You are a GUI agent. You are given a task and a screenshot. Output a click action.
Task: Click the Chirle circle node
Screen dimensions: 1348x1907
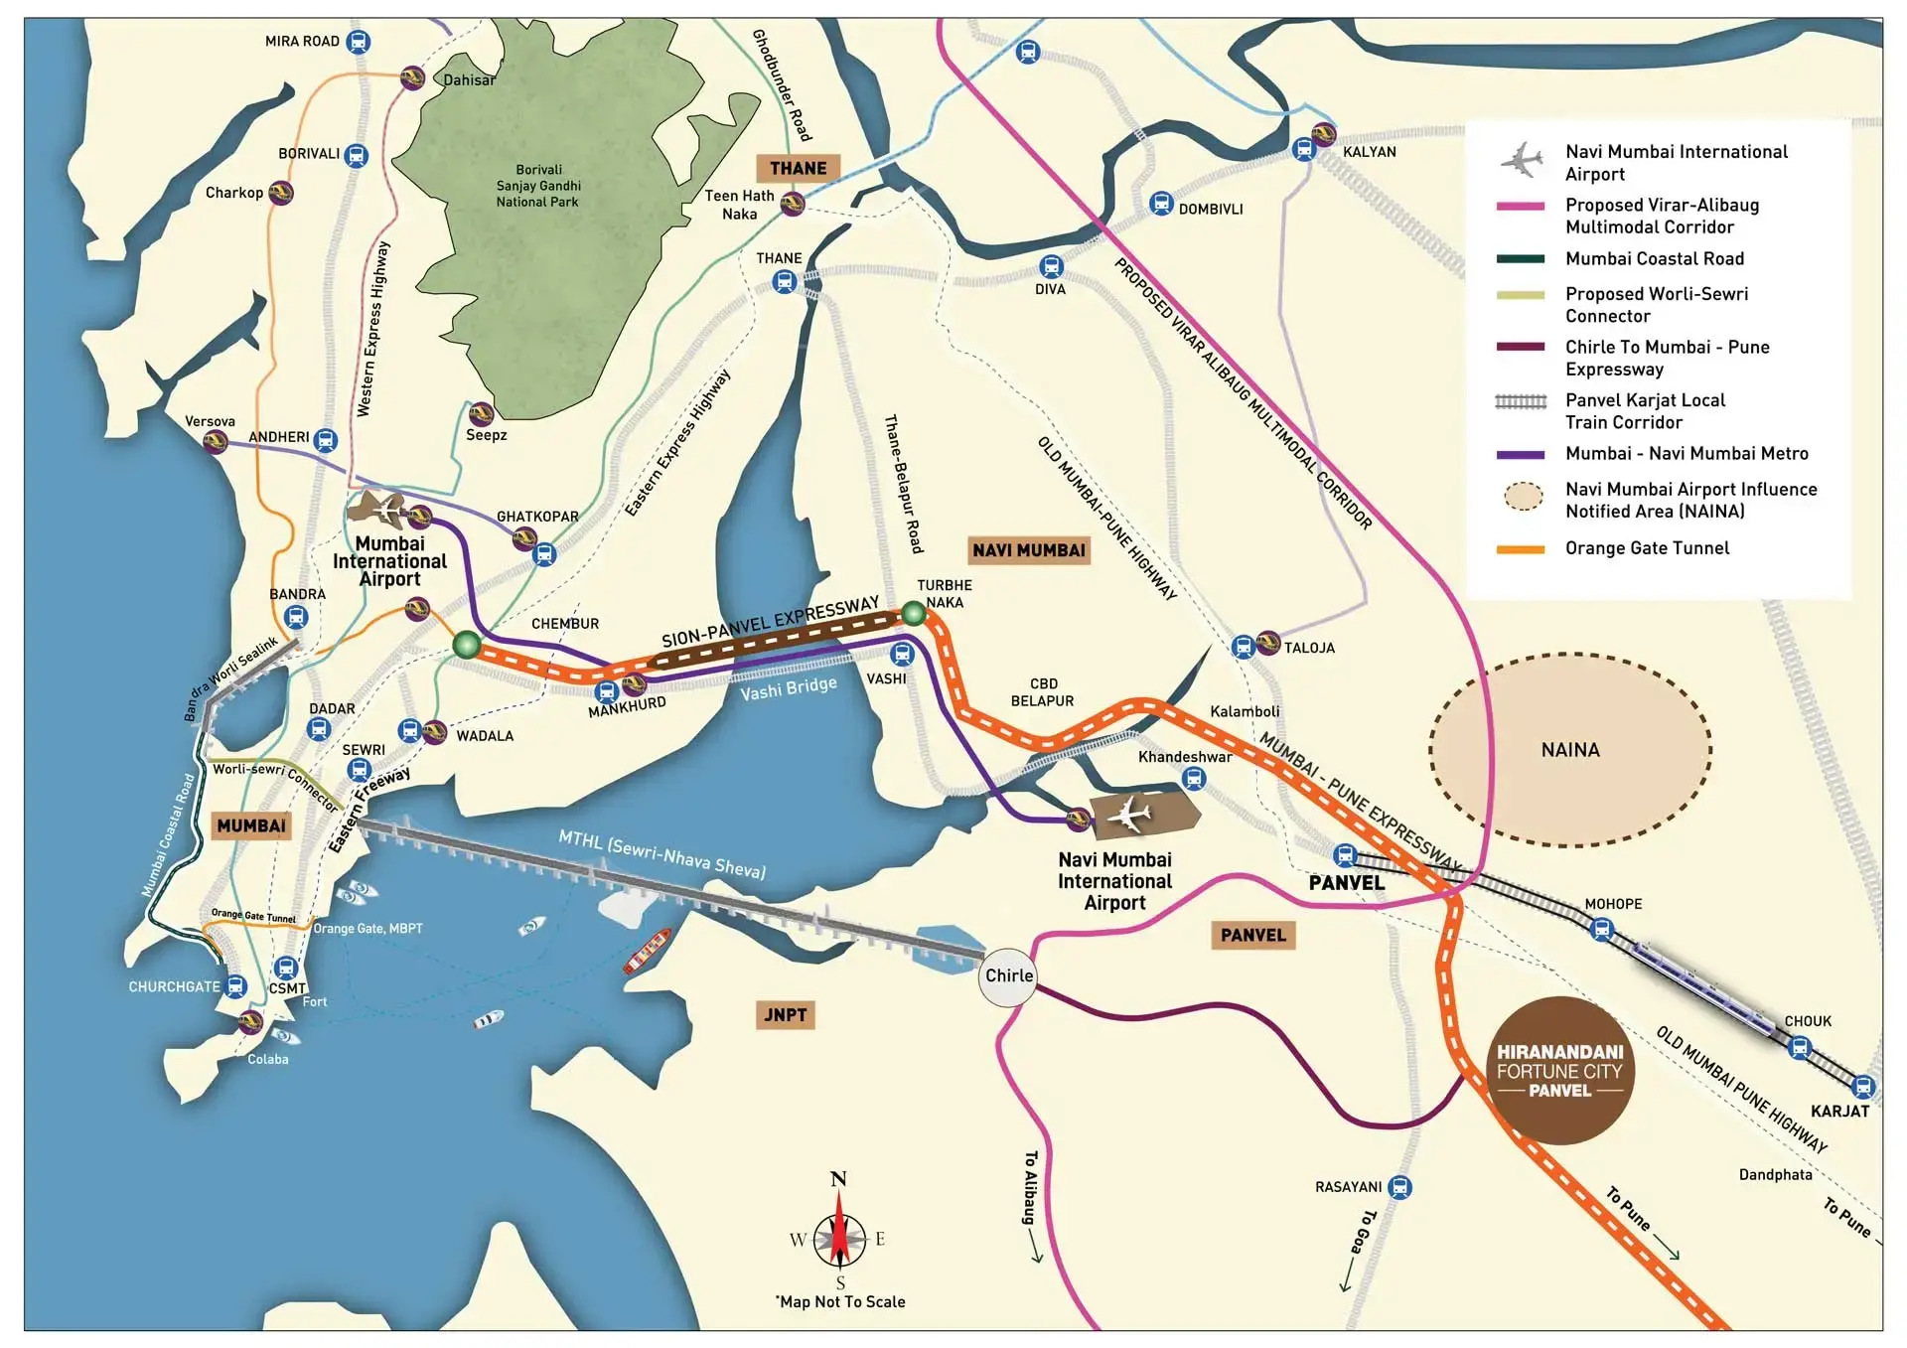1008,976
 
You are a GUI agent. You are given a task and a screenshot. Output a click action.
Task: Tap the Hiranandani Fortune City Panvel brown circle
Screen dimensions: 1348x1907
1559,1071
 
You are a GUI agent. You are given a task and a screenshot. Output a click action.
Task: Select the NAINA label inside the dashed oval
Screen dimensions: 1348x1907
1570,750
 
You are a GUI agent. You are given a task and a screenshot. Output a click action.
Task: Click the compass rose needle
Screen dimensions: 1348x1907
839,1239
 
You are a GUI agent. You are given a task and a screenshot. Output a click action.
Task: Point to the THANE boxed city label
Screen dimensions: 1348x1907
798,168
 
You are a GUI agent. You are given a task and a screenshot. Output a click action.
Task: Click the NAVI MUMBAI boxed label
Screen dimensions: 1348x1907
1028,550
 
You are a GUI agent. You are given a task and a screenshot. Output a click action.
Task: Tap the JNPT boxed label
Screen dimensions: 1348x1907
785,1015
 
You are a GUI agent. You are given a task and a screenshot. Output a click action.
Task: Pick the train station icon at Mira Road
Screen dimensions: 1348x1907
359,42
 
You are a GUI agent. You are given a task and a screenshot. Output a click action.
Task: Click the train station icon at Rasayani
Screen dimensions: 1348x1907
1399,1186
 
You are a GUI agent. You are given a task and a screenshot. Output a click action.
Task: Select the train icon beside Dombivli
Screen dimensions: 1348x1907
1161,204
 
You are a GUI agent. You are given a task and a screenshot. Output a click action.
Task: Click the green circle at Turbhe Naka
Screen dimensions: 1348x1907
913,614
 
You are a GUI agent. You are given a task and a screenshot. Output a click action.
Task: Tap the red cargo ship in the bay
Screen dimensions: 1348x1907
647,951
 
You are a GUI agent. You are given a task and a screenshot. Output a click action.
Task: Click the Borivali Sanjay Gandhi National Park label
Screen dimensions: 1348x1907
538,186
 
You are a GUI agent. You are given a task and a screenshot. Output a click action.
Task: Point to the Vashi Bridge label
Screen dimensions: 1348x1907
788,687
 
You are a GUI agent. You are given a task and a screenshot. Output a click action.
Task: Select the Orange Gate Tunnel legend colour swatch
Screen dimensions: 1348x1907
1521,549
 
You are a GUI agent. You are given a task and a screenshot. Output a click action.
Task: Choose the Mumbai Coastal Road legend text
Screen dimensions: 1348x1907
1654,259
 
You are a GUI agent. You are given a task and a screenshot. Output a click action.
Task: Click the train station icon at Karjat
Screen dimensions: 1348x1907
1863,1086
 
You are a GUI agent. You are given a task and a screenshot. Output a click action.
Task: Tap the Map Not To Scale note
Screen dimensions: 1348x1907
841,1302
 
